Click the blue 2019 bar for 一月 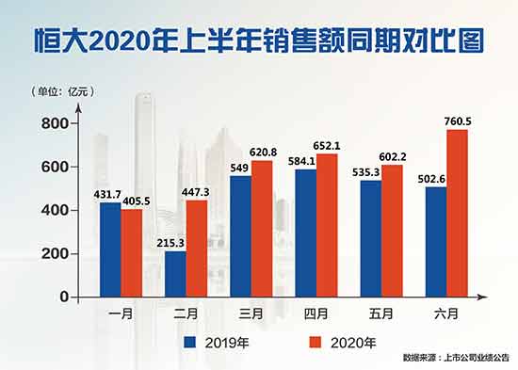110,249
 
